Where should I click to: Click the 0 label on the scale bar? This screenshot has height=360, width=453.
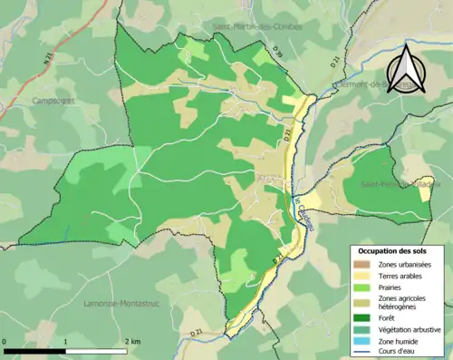pyautogui.click(x=5, y=342)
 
